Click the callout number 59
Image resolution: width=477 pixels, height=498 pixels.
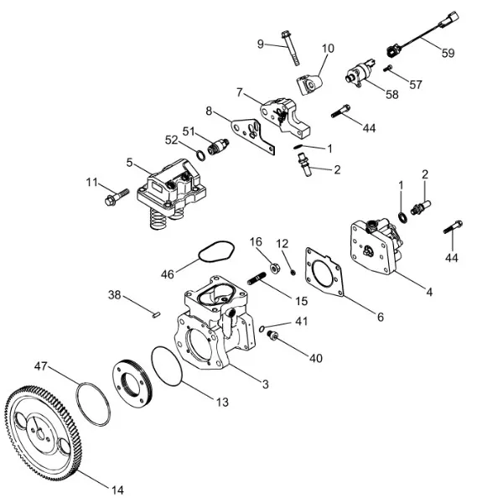point(448,53)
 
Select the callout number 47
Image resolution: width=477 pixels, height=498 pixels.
point(40,366)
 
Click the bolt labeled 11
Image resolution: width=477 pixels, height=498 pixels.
point(117,196)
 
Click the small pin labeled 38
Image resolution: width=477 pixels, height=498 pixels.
point(156,314)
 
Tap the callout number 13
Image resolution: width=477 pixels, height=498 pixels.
point(223,402)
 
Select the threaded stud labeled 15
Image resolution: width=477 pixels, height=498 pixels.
point(257,278)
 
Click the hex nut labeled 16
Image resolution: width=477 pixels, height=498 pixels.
point(275,267)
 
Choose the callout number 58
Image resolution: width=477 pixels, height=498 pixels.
point(391,94)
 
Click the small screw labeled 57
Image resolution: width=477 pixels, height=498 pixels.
point(387,68)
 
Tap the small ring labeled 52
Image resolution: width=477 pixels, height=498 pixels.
point(200,156)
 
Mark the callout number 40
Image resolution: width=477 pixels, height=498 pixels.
point(316,358)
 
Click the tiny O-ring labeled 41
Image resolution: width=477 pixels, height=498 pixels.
point(262,329)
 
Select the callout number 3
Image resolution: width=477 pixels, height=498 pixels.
point(266,384)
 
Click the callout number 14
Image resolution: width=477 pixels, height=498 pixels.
point(117,490)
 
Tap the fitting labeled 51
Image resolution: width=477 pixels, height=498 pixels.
point(218,147)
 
